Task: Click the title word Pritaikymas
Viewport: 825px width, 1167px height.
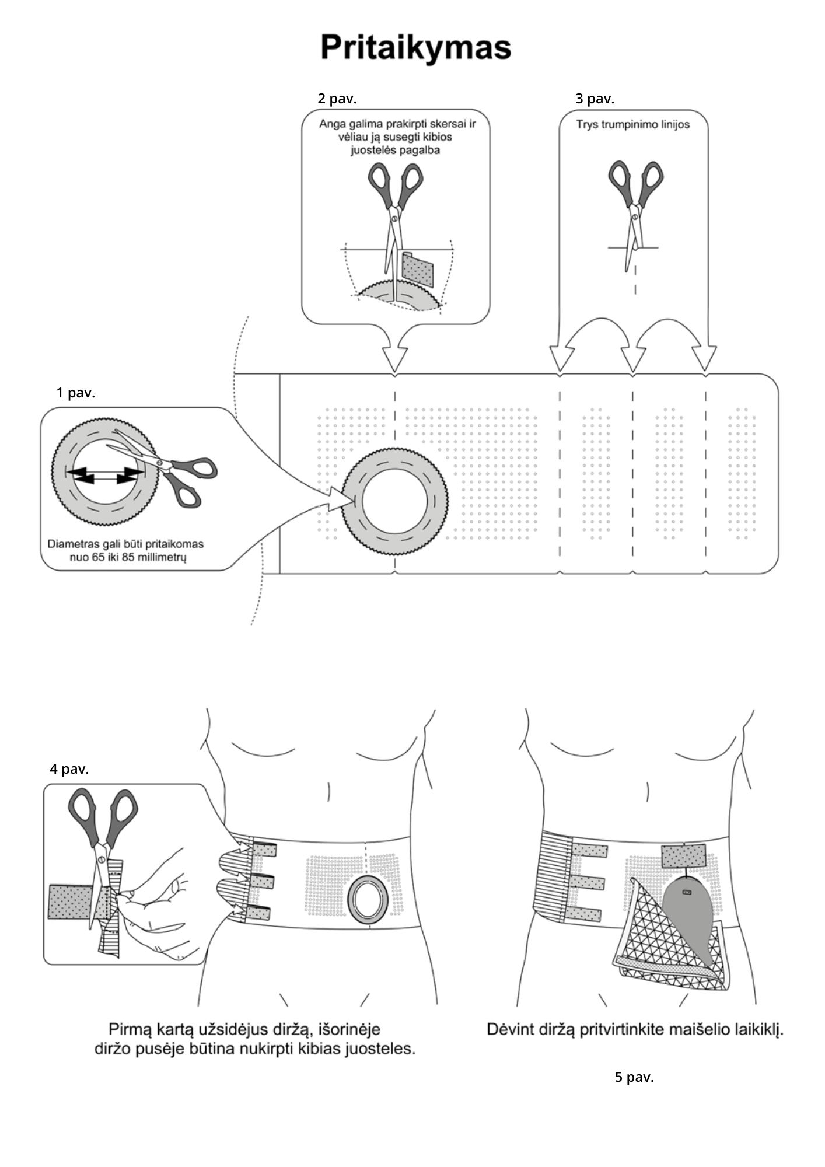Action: [x=415, y=48]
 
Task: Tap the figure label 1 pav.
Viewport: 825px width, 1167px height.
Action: [x=75, y=393]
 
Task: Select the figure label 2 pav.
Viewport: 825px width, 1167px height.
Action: [x=337, y=99]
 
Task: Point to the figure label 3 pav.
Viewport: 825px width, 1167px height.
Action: [x=595, y=99]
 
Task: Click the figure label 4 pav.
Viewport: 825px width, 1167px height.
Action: [x=69, y=769]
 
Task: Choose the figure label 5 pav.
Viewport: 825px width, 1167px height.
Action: [x=634, y=1077]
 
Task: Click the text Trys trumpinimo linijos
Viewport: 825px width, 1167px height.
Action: [x=632, y=124]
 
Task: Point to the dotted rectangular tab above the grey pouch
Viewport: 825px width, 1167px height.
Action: [x=683, y=856]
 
